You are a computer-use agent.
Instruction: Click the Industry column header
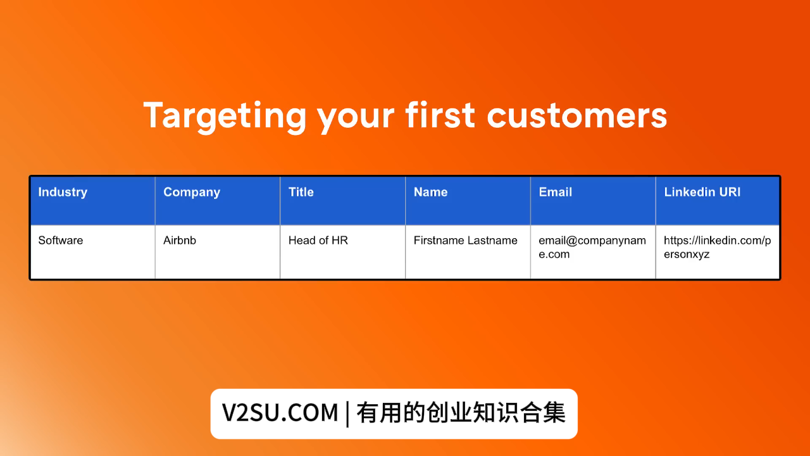coord(63,193)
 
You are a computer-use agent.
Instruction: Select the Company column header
coord(192,193)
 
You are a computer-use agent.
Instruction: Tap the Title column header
coord(301,193)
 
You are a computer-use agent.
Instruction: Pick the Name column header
coord(430,193)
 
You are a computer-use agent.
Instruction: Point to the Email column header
coord(556,193)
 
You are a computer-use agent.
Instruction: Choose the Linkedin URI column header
coord(702,193)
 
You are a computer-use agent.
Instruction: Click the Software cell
coord(61,241)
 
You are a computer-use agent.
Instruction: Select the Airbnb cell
coord(180,241)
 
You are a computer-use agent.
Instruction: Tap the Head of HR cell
coord(318,241)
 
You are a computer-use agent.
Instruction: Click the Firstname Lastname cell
coord(465,241)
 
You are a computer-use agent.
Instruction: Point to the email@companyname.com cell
coord(592,248)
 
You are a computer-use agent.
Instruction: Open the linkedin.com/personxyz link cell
coord(717,248)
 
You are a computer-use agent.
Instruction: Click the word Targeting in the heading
coord(225,116)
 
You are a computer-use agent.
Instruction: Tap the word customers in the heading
coord(577,116)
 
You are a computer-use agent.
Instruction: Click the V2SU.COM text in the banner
coord(280,414)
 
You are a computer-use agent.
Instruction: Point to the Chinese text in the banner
coord(461,414)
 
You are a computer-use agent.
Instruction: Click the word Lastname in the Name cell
coord(492,241)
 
